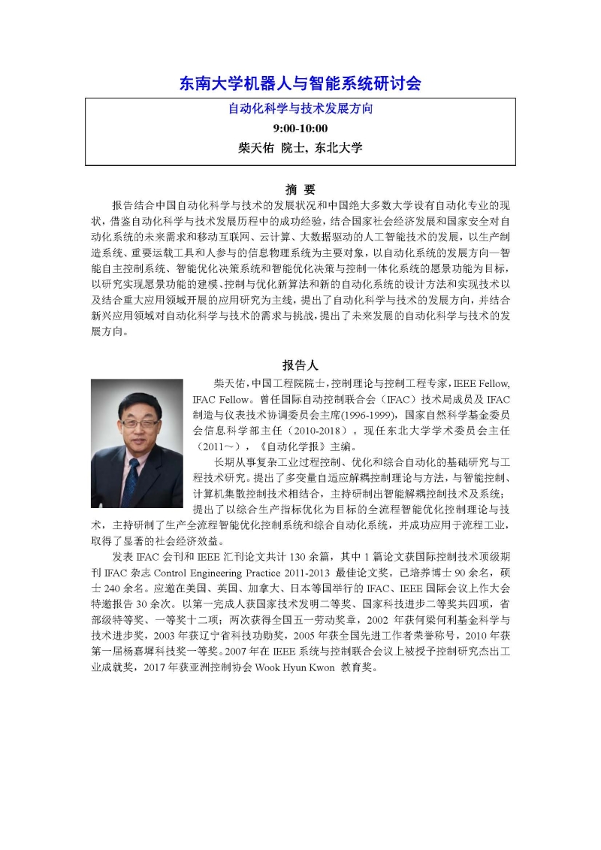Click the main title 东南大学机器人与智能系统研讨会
coord(300,83)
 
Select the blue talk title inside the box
coord(300,108)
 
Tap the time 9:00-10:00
coord(300,128)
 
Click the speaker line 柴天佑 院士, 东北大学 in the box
coord(300,148)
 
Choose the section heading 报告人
coord(300,365)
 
